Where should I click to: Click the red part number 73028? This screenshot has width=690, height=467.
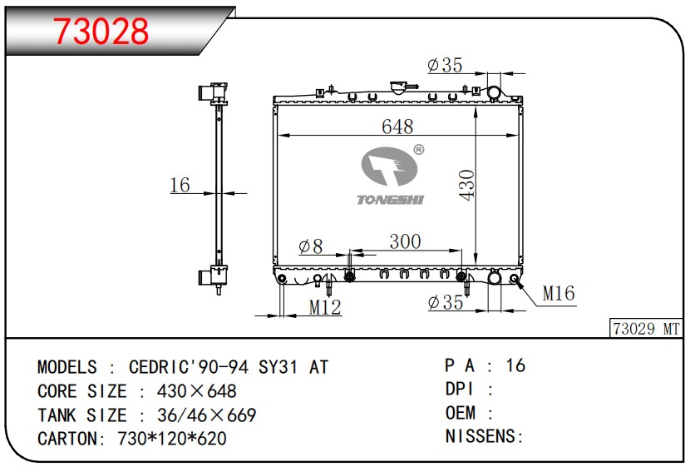coord(101,31)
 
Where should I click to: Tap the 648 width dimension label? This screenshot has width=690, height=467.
coord(397,127)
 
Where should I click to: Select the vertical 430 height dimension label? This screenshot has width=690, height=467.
coord(467,186)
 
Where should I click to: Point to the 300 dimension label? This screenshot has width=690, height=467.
coord(406,241)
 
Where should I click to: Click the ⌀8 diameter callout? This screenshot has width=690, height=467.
coord(311,246)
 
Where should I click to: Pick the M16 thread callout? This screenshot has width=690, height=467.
coord(559,293)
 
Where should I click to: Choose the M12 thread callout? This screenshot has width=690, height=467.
coord(325,307)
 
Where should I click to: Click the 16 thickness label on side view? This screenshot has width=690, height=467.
coord(180,185)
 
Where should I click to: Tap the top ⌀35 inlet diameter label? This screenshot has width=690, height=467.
coord(445,65)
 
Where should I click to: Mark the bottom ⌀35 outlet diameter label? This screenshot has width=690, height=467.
coord(446,303)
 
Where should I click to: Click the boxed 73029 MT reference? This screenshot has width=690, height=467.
coord(646,329)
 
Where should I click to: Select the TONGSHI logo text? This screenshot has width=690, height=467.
coord(391,200)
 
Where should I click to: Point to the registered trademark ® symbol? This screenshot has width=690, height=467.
coord(419,150)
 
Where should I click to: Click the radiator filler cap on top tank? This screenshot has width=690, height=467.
coord(399,87)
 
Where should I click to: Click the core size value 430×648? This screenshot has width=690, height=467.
coord(197,391)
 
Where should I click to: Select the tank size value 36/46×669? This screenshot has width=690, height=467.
coord(207,415)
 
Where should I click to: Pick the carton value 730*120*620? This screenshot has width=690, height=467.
coord(172,439)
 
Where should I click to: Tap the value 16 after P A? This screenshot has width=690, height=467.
coord(515,365)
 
